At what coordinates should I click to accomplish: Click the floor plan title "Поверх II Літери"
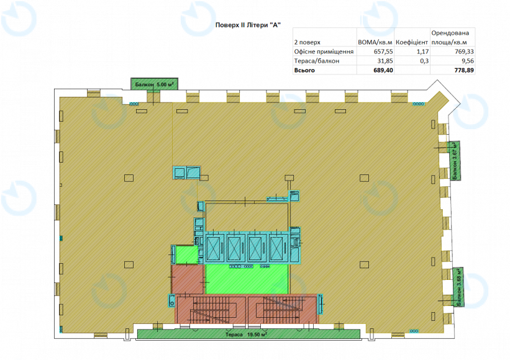(x=241, y=25)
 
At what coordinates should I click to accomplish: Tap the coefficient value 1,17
(x=422, y=52)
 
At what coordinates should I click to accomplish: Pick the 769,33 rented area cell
(x=464, y=52)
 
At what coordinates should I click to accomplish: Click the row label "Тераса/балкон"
(x=316, y=61)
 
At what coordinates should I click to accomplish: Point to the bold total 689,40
(x=383, y=70)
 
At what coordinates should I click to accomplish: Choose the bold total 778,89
(x=464, y=70)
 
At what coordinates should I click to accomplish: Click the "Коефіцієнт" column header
(x=412, y=42)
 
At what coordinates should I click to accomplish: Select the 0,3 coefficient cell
(x=424, y=61)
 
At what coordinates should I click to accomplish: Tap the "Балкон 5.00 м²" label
(x=155, y=84)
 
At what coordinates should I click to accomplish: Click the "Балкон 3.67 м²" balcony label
(x=455, y=161)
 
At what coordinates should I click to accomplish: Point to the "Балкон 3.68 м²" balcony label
(x=459, y=287)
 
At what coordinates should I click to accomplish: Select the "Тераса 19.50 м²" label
(x=247, y=335)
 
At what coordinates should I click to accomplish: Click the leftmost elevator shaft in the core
(x=213, y=249)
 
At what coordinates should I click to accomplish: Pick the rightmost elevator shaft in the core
(x=277, y=249)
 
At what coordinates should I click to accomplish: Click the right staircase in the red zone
(x=283, y=309)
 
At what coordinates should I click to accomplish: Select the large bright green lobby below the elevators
(x=247, y=279)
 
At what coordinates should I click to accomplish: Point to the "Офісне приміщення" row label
(x=324, y=52)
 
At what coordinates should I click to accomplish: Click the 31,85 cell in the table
(x=385, y=61)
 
